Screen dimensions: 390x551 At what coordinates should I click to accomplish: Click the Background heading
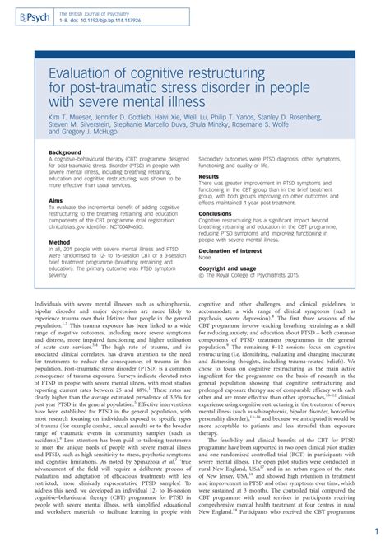[65, 152]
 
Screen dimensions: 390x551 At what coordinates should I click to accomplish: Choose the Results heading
[209, 176]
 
